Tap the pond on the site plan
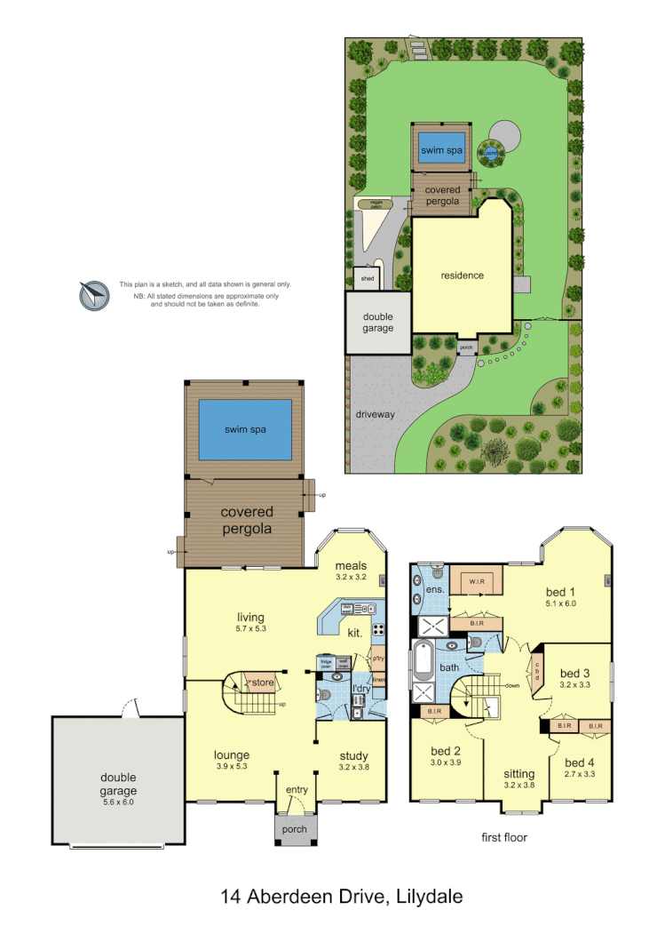coord(490,153)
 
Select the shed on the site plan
coord(367,279)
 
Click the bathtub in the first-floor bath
coord(425,660)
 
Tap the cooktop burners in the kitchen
coord(377,629)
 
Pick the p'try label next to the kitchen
coord(377,659)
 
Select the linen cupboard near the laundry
coord(379,681)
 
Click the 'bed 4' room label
coord(580,762)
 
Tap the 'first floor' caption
coord(503,836)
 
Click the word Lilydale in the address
coord(424,897)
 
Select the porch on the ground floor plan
coord(294,829)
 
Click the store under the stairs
coord(262,683)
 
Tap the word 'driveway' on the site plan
coord(375,414)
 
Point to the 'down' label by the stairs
coord(511,686)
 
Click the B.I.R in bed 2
coord(434,711)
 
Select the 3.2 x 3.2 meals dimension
coord(351,577)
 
